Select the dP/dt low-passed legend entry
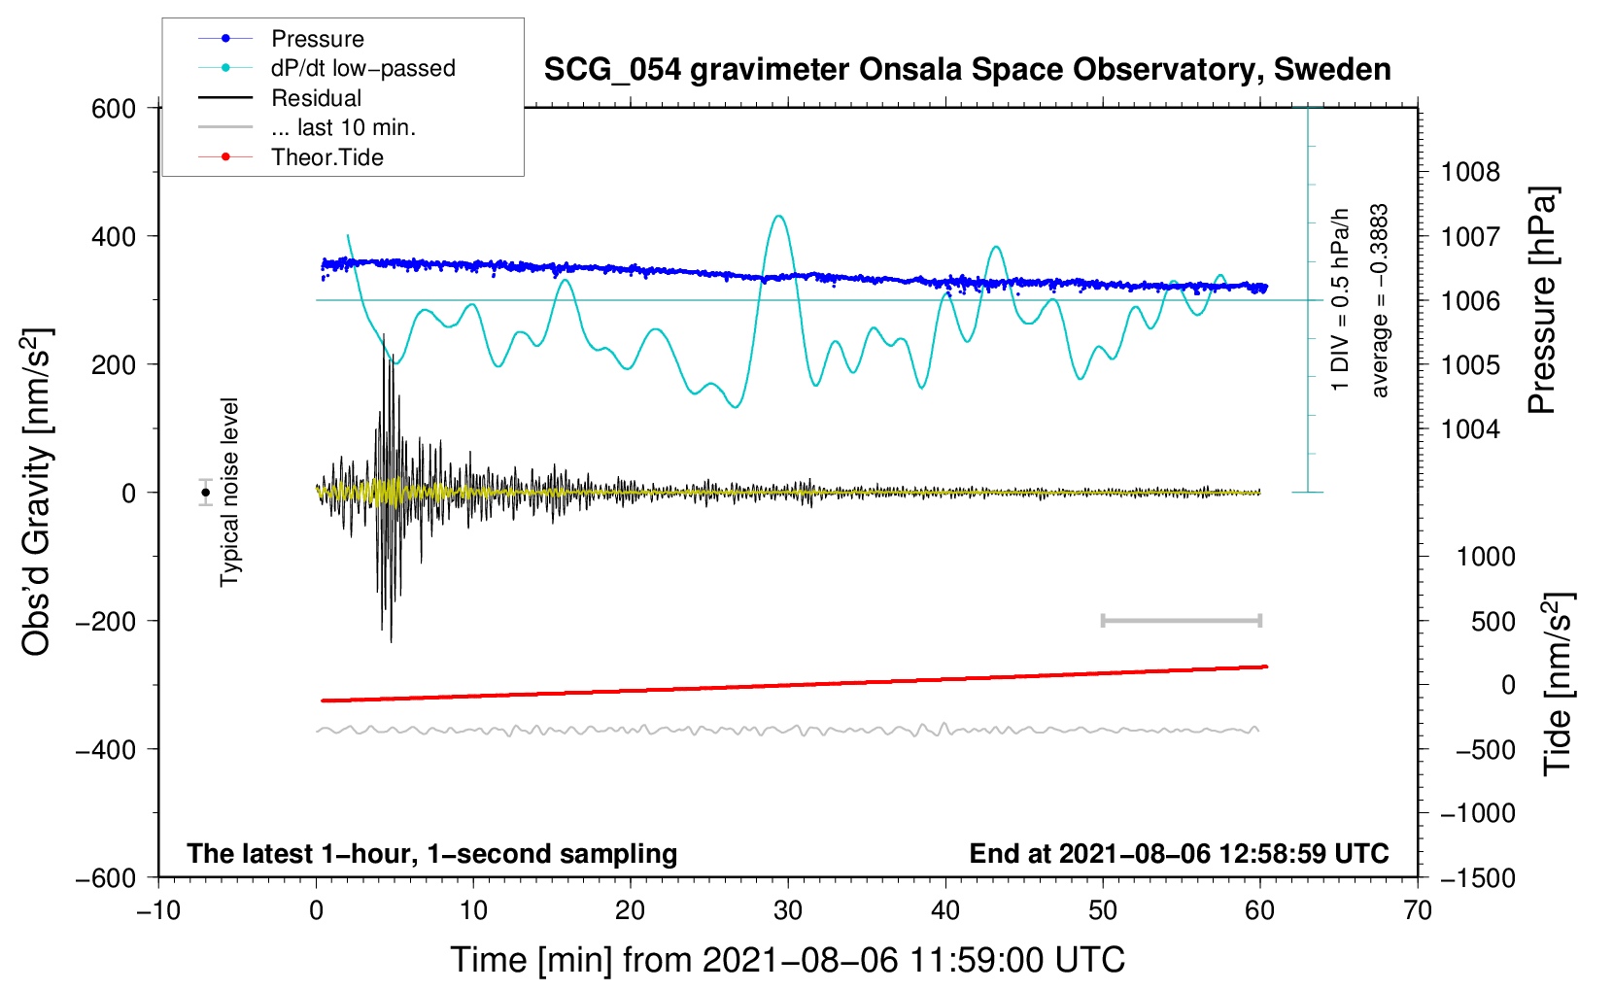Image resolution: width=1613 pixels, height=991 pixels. point(362,68)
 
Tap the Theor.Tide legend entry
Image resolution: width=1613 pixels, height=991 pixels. point(326,157)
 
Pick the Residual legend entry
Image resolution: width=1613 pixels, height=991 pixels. point(316,98)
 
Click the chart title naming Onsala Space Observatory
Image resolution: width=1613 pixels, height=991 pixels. point(967,70)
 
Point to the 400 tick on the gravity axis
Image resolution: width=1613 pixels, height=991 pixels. point(115,237)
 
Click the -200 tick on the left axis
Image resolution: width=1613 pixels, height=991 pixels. point(107,622)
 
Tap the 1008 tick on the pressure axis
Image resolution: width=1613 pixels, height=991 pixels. point(1470,173)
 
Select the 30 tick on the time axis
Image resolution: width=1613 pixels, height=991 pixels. point(788,911)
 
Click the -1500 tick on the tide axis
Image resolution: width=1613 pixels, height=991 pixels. point(1477,878)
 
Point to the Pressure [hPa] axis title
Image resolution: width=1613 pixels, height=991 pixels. point(1542,301)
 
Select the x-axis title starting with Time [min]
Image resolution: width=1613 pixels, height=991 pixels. point(788,960)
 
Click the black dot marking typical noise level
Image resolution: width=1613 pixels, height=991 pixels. point(205,493)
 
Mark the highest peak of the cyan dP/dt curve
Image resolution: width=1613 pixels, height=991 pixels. point(778,216)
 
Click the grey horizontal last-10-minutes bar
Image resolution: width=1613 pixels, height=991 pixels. point(1181,620)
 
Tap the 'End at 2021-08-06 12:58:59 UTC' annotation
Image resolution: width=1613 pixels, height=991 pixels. point(1179,854)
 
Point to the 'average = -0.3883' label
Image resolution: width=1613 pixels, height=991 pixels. point(1380,301)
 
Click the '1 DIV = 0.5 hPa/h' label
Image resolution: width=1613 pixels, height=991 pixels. point(1341,299)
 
